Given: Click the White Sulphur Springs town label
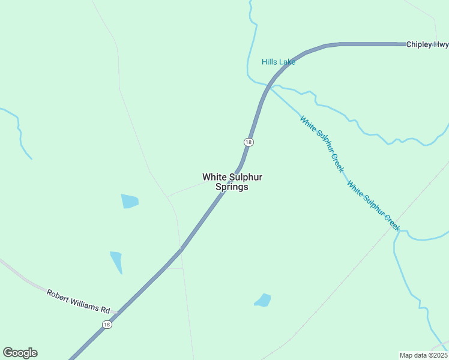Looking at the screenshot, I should [232, 182].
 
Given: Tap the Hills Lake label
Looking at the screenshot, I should [279, 62].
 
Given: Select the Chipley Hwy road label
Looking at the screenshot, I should [427, 44].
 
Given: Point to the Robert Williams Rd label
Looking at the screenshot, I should [79, 301].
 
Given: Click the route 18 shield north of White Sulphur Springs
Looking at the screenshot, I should [249, 142].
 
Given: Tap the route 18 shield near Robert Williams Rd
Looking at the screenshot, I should [107, 325].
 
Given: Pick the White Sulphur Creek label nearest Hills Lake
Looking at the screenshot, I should [322, 144].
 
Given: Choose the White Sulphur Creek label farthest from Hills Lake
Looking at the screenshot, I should [373, 207].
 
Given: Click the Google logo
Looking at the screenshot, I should [20, 353].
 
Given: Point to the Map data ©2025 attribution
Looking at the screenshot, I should [423, 355].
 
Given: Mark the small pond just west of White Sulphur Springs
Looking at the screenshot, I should [129, 201].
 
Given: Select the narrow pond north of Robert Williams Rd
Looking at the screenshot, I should [116, 262].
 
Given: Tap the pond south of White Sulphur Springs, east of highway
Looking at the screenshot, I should [263, 300].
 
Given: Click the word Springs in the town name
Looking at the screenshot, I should [232, 187].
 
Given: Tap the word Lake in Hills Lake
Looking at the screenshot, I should [287, 62].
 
